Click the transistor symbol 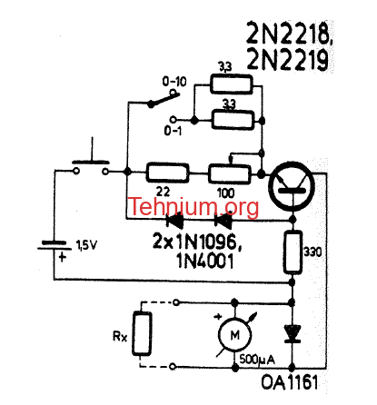pos(293,186)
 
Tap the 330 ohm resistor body pos(293,252)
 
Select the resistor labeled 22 pos(167,173)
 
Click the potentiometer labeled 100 pos(230,174)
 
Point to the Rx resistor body pos(142,333)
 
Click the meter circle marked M pos(234,335)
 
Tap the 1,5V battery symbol pos(55,245)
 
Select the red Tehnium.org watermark pos(194,206)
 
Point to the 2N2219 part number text pos(288,59)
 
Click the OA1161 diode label pos(290,382)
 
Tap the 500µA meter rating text pos(257,360)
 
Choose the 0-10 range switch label pos(174,82)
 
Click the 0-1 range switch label pos(173,131)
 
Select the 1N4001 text pos(205,261)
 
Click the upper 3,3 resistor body pos(232,84)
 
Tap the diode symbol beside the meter pos(293,334)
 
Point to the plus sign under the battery pos(62,258)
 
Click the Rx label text pos(120,336)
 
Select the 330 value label pos(313,252)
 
